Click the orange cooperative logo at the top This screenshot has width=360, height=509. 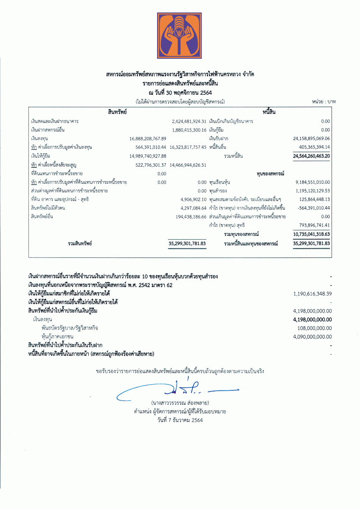click(x=179, y=36)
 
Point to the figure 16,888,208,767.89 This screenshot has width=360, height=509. click(x=148, y=139)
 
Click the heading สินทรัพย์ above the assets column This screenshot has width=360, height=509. click(x=118, y=112)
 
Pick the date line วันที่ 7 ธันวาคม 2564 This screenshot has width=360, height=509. click(x=180, y=420)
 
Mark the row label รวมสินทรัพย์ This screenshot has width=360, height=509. click(x=80, y=243)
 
